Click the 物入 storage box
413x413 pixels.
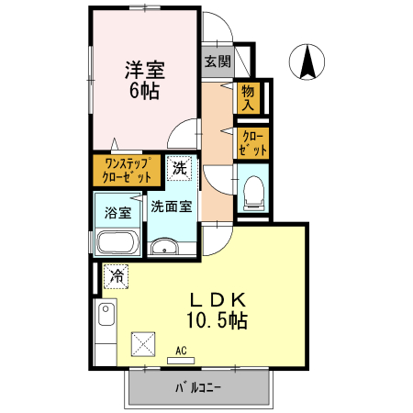(248, 96)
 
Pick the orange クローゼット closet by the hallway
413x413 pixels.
(252, 142)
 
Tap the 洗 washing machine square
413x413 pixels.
(180, 168)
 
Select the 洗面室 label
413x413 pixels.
(171, 206)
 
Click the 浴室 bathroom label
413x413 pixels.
(117, 213)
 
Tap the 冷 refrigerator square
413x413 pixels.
(117, 274)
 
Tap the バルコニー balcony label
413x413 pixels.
(198, 388)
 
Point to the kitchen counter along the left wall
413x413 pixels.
(106, 330)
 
